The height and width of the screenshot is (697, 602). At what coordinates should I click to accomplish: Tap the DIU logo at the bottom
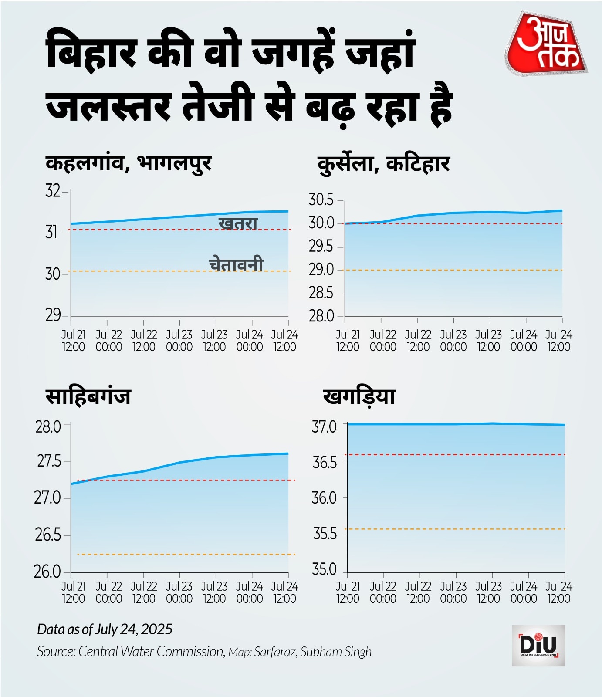(x=538, y=645)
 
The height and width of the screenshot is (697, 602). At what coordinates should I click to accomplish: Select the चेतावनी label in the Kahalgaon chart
(x=236, y=264)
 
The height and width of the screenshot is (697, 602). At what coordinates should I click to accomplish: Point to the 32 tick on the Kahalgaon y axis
(x=53, y=191)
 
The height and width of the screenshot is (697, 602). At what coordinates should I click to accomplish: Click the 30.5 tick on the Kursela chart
(x=321, y=200)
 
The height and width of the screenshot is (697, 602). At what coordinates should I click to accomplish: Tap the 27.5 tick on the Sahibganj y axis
(x=49, y=461)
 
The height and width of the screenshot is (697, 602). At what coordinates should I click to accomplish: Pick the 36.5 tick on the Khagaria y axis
(x=325, y=463)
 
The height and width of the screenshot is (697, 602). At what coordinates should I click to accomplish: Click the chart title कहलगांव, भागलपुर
(x=129, y=163)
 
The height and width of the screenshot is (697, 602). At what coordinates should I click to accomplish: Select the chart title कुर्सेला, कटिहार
(x=384, y=164)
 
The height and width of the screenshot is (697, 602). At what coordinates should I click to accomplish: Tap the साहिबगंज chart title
(x=88, y=397)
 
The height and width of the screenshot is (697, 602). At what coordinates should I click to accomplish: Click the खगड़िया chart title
(x=359, y=397)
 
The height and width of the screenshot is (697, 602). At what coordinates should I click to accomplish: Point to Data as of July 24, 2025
(x=105, y=629)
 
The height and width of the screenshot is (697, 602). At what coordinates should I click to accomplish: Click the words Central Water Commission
(x=151, y=651)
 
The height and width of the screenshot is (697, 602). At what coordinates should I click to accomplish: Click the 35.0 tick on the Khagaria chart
(x=325, y=570)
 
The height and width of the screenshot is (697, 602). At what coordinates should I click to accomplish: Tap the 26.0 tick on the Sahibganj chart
(x=48, y=572)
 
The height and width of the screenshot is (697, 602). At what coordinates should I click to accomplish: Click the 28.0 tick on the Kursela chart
(x=321, y=316)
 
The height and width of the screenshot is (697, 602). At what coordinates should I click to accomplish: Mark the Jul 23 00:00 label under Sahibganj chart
(x=179, y=592)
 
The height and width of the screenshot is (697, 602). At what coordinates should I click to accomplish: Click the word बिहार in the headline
(x=91, y=53)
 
